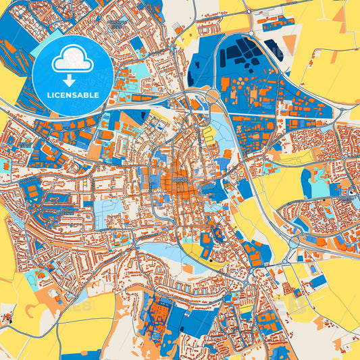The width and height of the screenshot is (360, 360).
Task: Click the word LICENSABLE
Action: (x=74, y=95)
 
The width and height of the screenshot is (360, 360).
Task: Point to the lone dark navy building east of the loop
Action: (x=273, y=47)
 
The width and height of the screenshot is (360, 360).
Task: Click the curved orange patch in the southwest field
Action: (x=34, y=311)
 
